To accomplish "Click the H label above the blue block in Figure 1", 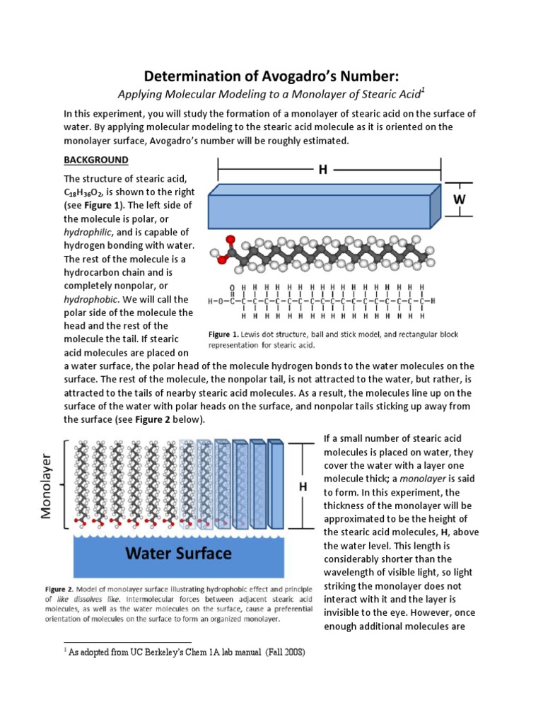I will coord(322,170).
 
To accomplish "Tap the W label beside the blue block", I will coord(460,199).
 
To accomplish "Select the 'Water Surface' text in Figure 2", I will coord(178,554).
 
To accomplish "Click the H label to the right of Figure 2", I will coord(303,487).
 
